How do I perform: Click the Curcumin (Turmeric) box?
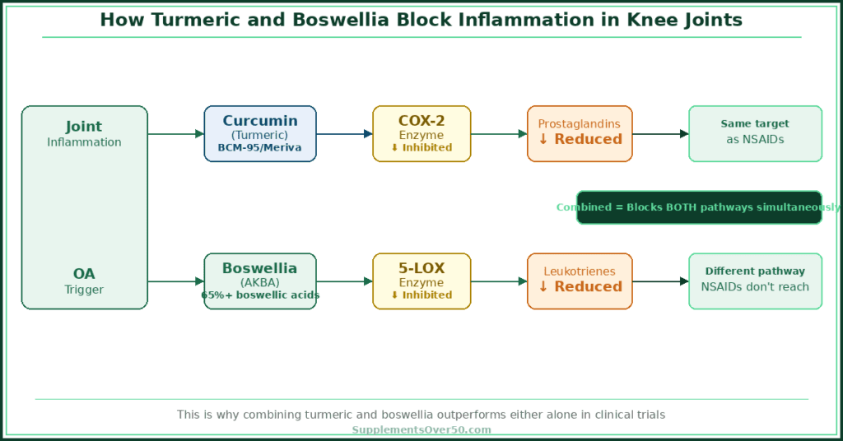click(x=260, y=133)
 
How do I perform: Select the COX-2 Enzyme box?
click(x=421, y=133)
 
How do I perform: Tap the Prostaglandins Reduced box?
click(x=580, y=133)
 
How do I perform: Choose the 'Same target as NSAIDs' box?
click(x=755, y=133)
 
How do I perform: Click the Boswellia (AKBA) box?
click(x=260, y=281)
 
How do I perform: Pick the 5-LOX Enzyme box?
click(x=421, y=281)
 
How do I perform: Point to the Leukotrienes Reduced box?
click(x=580, y=281)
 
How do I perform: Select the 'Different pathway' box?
click(x=755, y=281)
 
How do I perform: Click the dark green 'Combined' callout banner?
click(x=699, y=207)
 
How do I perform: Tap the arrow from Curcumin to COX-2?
click(x=344, y=133)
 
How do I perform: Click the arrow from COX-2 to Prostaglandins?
click(x=499, y=133)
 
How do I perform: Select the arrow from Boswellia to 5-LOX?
click(x=344, y=281)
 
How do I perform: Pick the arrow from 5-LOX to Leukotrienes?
click(x=499, y=281)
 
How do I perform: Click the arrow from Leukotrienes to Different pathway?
click(x=660, y=281)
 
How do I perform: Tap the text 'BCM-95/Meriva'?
click(x=260, y=148)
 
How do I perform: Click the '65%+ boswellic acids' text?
click(x=260, y=295)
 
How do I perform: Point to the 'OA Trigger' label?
click(x=84, y=281)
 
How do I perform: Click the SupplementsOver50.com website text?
click(x=421, y=429)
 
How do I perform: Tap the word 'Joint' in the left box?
click(x=84, y=127)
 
